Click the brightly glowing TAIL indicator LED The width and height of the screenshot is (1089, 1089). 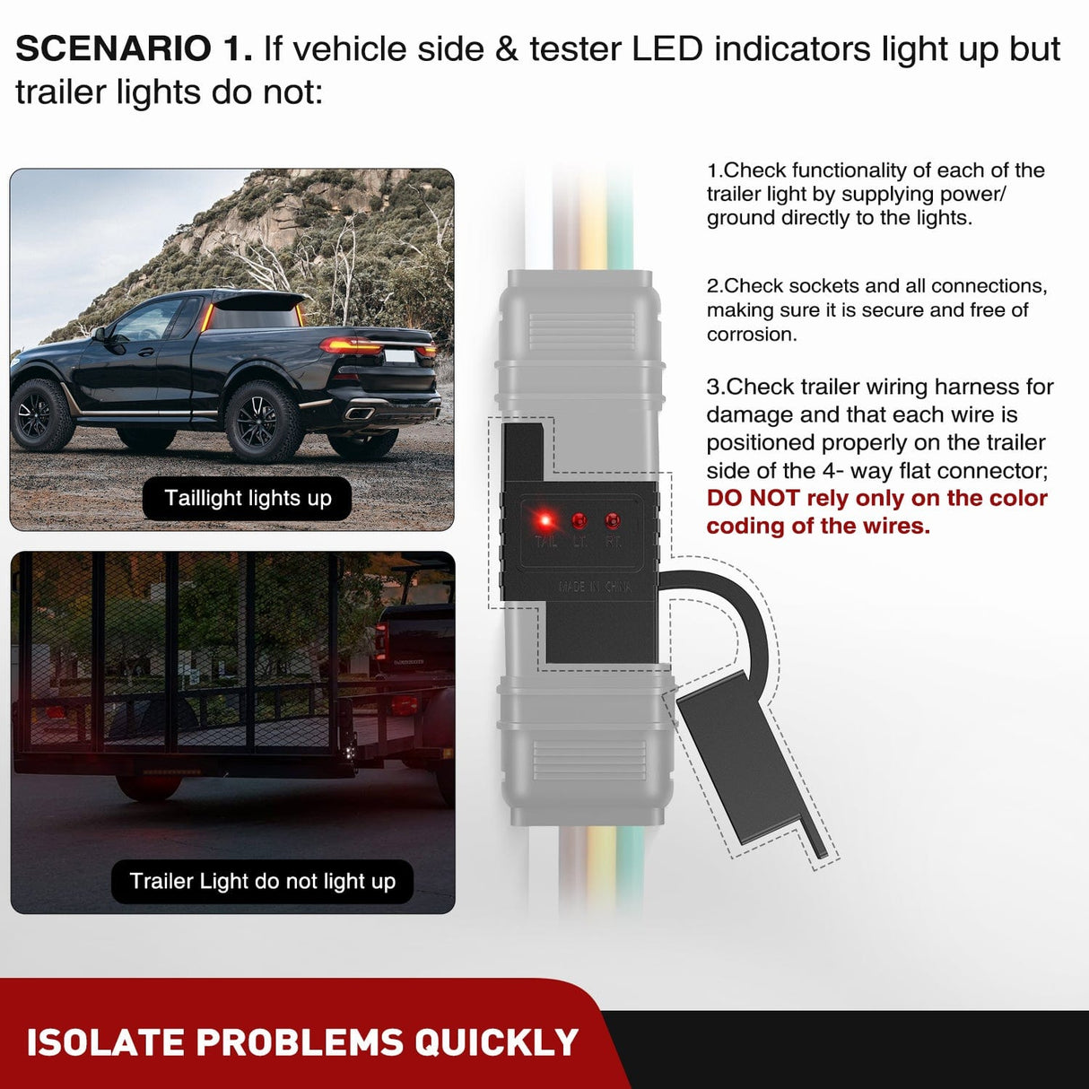tap(544, 520)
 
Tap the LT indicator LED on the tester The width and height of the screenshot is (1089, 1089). tap(579, 520)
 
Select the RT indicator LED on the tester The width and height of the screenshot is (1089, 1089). tap(613, 520)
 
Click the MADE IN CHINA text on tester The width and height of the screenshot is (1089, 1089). tap(595, 587)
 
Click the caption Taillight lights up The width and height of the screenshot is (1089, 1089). tap(248, 498)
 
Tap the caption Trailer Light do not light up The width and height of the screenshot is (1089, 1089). tap(262, 881)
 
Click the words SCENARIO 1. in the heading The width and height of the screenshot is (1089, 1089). tap(135, 49)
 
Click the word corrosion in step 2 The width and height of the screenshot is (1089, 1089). tap(751, 335)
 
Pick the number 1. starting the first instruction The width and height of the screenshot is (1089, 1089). tap(714, 170)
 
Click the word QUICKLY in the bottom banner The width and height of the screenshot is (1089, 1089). tap(496, 1042)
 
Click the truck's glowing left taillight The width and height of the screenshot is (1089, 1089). tap(350, 345)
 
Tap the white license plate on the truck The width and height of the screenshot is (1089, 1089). tap(400, 355)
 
